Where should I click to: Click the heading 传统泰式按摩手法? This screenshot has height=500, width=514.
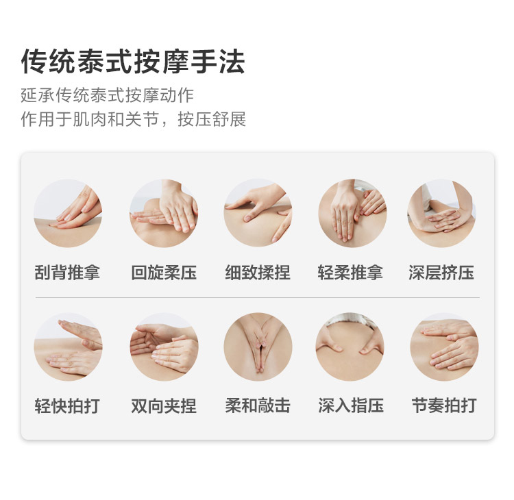tap(133, 62)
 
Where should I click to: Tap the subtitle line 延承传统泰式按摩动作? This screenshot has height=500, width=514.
tap(108, 95)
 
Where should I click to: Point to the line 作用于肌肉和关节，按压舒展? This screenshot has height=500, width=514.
tap(133, 120)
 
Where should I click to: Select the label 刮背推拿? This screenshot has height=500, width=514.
tap(67, 273)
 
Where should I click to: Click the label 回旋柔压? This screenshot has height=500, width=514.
tap(164, 273)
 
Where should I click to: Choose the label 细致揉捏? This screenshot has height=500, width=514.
tap(258, 273)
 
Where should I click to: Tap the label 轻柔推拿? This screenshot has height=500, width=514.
tap(352, 273)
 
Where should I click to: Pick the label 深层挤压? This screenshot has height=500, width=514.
tap(441, 273)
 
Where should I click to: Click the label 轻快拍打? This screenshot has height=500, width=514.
tap(67, 405)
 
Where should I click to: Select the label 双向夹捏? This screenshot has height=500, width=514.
tap(164, 405)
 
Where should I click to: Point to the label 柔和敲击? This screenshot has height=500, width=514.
tap(258, 405)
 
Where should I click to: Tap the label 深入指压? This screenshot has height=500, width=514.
tap(350, 405)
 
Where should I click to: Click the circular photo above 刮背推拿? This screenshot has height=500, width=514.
tap(68, 214)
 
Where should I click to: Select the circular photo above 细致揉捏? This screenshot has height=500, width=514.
tap(258, 214)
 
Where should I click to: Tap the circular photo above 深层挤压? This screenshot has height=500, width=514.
tap(442, 214)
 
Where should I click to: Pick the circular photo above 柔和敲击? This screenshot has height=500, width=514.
tap(258, 347)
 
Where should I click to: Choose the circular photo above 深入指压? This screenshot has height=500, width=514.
tap(350, 347)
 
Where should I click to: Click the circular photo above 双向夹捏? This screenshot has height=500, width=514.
tap(164, 347)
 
